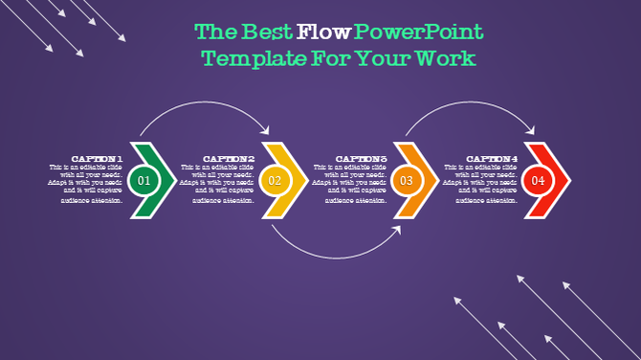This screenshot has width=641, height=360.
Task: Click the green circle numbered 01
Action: click(144, 180)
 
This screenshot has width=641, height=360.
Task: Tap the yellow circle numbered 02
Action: click(275, 180)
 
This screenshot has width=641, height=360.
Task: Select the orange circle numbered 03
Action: click(406, 180)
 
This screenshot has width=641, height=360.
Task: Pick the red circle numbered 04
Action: click(538, 180)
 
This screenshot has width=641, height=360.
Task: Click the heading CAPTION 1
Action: click(98, 159)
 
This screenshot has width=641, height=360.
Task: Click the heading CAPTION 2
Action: click(229, 159)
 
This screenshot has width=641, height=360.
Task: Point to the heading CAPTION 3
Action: click(361, 159)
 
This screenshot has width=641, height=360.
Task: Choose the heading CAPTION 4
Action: click(492, 159)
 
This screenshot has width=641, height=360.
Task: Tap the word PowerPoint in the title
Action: click(419, 33)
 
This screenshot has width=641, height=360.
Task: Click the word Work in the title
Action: click(449, 59)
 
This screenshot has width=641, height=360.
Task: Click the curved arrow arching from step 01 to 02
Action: click(205, 106)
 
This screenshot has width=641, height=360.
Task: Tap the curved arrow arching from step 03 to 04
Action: click(469, 106)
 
